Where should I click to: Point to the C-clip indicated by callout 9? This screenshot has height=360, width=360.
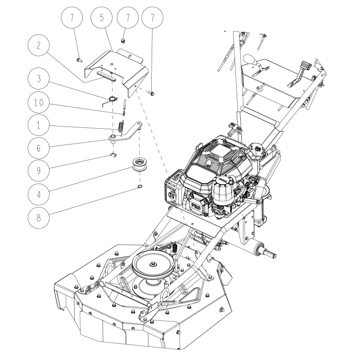click(x=113, y=155)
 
